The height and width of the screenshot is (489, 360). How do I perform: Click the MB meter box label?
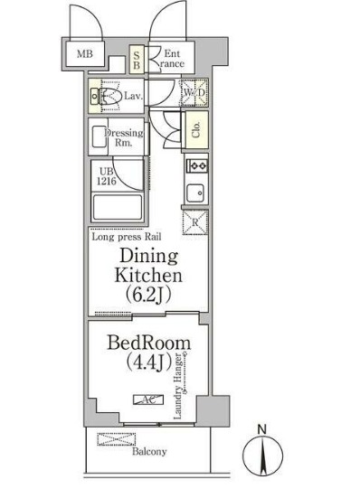(85, 53)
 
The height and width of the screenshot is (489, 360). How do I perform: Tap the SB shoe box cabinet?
(137, 60)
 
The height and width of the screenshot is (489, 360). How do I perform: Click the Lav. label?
(134, 96)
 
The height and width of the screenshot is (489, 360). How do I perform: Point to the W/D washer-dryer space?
(194, 92)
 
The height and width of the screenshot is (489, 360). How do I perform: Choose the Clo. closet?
(196, 130)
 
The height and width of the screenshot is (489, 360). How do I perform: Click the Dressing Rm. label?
(124, 137)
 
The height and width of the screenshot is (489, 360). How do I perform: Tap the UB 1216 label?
(107, 176)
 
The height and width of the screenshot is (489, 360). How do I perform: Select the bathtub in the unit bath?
(118, 207)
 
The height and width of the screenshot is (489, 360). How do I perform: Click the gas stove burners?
(197, 165)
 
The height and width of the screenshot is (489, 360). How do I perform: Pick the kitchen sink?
(195, 193)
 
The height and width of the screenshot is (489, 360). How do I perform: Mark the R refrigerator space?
(195, 222)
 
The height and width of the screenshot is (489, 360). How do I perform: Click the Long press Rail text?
(127, 237)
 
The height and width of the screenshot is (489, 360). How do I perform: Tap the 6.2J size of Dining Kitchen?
(148, 295)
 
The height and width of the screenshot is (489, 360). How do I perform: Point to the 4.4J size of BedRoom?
(149, 362)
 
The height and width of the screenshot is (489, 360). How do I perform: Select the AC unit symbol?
(148, 400)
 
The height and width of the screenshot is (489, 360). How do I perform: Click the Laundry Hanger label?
(178, 386)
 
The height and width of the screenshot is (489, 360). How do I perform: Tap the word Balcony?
(149, 451)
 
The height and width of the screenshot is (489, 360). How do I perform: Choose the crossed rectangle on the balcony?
(117, 439)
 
